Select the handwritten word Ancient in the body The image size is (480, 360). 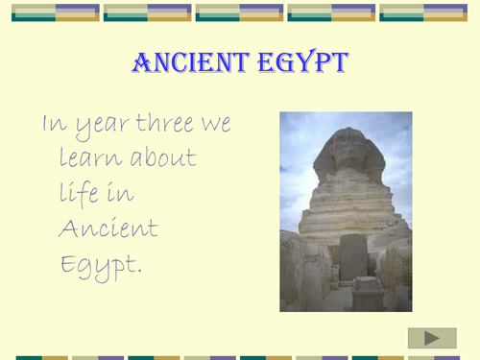(108, 228)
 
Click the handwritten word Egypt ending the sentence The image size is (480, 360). (100, 263)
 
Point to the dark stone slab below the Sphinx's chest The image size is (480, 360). (353, 257)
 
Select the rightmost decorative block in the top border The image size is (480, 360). (424, 12)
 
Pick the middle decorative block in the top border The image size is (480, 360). (240, 12)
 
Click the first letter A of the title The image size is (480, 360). (140, 65)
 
